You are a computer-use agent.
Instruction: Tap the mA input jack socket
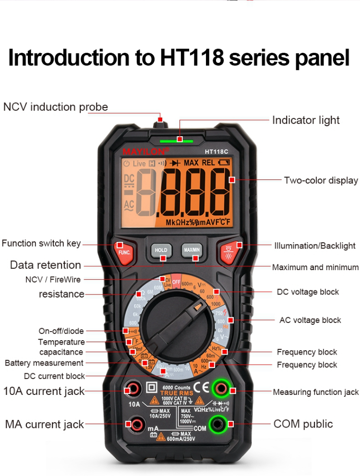(136, 424)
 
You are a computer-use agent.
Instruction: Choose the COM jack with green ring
(221, 424)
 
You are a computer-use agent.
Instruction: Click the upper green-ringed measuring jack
(221, 388)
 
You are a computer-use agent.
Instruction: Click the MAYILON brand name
(145, 151)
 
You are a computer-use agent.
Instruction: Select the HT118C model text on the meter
(216, 151)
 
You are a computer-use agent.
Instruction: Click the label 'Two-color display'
(321, 180)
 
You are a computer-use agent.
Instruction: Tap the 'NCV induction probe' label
(56, 107)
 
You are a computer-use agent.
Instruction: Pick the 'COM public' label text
(302, 424)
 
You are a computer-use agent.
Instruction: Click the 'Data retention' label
(46, 265)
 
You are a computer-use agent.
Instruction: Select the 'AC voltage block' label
(310, 320)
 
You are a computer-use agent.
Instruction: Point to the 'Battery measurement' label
(44, 363)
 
